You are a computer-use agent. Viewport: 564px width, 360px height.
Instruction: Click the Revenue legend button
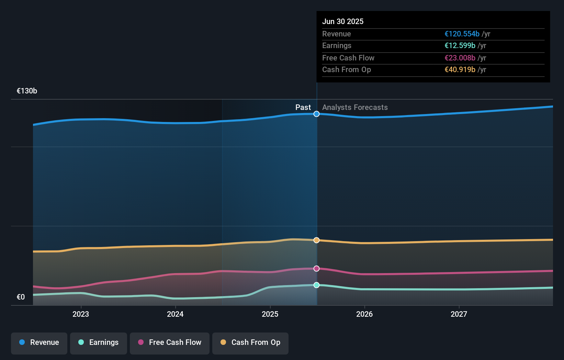(x=39, y=342)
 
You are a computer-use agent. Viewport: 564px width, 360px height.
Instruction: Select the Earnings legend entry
(x=99, y=342)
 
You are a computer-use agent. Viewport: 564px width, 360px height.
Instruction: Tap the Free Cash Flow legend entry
(x=170, y=342)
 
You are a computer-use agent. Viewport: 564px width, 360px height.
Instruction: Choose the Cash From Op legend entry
(x=250, y=342)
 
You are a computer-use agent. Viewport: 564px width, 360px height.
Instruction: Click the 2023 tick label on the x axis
(x=81, y=314)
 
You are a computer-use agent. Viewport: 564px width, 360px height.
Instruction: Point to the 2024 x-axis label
(x=175, y=314)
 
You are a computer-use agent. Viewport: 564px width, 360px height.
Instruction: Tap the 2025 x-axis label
(x=270, y=314)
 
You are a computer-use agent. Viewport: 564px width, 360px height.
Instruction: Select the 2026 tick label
(x=364, y=314)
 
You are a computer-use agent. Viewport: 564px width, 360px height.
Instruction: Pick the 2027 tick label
(x=459, y=314)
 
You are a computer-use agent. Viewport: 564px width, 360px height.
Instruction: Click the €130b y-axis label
(x=27, y=91)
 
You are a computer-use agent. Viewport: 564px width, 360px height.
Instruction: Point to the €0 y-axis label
(x=21, y=297)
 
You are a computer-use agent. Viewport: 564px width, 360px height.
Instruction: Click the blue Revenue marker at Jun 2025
(x=316, y=114)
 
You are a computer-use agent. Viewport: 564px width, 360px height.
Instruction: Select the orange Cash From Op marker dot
(x=316, y=240)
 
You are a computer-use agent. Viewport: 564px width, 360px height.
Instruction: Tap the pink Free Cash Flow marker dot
(x=316, y=269)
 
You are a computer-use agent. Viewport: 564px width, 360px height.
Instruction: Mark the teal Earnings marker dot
(x=316, y=285)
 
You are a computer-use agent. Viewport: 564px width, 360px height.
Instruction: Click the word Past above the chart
(x=303, y=108)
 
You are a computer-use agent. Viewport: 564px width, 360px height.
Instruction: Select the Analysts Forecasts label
(x=355, y=108)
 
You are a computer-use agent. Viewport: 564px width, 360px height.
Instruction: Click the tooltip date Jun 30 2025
(x=343, y=21)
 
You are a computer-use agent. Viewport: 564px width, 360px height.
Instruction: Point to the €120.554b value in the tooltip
(x=462, y=34)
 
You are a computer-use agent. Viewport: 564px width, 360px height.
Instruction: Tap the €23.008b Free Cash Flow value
(x=460, y=58)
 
